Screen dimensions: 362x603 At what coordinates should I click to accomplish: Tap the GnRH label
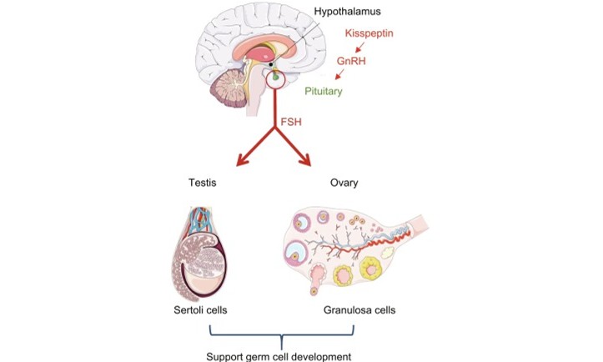[351, 62]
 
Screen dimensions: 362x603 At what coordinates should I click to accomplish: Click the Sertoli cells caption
[198, 311]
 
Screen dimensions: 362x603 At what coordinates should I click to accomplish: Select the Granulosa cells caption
[359, 311]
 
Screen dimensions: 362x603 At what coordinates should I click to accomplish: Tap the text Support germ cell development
[278, 354]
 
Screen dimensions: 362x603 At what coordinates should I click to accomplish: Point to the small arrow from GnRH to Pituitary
[340, 75]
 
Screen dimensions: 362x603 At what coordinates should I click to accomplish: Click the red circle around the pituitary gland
[274, 81]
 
